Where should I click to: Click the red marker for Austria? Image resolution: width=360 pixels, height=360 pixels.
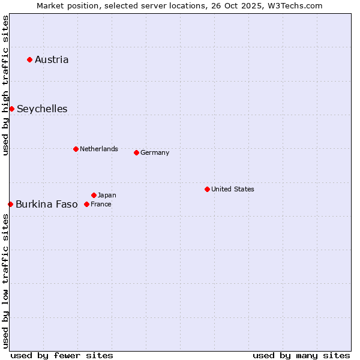tap(29, 59)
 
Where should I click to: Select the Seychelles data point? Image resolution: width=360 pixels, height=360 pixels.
tap(11, 109)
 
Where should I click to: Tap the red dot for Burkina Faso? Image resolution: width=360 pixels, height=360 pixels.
tap(10, 204)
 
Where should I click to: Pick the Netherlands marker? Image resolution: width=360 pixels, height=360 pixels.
tap(76, 149)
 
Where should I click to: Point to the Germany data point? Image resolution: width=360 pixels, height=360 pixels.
tap(136, 152)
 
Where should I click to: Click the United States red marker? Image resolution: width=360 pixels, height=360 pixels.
tap(207, 189)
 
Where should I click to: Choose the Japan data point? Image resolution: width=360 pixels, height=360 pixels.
tap(94, 195)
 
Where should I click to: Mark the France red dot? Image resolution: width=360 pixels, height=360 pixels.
tap(86, 204)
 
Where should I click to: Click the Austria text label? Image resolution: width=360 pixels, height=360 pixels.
tap(52, 59)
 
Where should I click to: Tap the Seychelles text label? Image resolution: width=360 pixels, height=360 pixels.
tap(42, 109)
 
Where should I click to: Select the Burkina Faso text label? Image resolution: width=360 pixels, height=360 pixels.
tap(47, 204)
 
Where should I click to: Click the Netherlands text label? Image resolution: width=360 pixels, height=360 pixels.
tap(99, 149)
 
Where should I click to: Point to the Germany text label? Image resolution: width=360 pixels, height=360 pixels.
tap(155, 152)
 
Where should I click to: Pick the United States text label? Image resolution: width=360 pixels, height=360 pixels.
tap(233, 189)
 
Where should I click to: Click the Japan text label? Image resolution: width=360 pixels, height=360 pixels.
tap(107, 195)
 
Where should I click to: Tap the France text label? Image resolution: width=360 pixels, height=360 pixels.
tap(101, 204)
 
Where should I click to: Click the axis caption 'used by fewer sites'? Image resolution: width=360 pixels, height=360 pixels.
tap(62, 355)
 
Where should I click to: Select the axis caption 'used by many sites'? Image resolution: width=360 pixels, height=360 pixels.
tap(301, 355)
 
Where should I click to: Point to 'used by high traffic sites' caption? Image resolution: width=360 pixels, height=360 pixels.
tap(5, 85)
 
